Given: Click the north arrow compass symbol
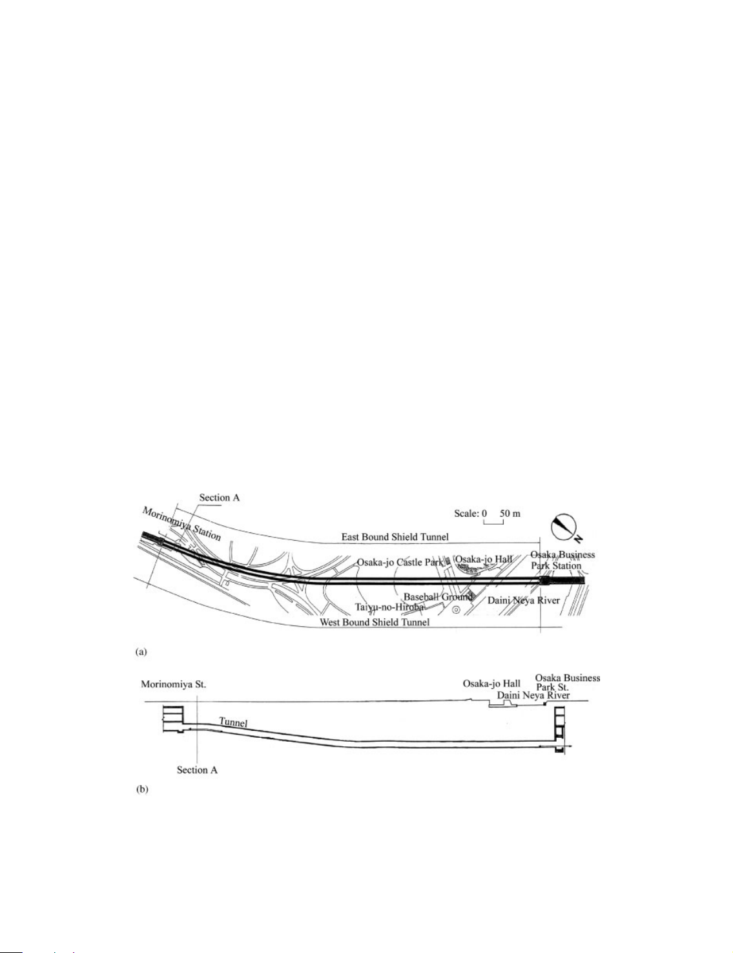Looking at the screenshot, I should click(x=564, y=528).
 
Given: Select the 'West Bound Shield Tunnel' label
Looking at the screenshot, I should click(x=375, y=622).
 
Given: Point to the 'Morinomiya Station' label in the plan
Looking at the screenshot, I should click(x=181, y=524).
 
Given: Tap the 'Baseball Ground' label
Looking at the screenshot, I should click(x=438, y=596).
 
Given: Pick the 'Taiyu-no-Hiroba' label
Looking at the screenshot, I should click(x=389, y=607).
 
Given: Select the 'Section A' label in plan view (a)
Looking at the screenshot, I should click(x=219, y=497).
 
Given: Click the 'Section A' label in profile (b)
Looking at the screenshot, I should click(x=197, y=770).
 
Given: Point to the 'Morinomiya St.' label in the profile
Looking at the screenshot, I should click(x=174, y=684).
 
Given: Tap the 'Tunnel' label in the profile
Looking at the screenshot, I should click(x=233, y=722).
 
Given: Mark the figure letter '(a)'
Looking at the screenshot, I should click(x=141, y=653).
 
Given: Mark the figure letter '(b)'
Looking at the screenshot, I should click(x=141, y=790).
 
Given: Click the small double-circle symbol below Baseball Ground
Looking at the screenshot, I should click(x=456, y=610).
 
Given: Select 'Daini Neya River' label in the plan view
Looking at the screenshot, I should click(x=524, y=600).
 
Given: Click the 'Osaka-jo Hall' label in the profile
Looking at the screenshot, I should click(x=491, y=684).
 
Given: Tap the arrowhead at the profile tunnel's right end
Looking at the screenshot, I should click(x=569, y=748).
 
